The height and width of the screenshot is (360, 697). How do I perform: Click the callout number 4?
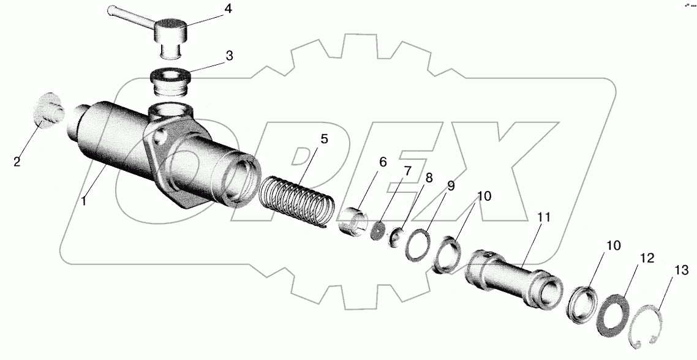(227, 9)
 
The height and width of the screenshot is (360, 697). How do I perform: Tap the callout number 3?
(229, 56)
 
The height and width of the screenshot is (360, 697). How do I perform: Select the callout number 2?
(17, 162)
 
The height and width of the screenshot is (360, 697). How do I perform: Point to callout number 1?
(83, 200)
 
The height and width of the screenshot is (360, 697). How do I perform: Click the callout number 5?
(324, 139)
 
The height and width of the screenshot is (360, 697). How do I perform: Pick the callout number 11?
(544, 217)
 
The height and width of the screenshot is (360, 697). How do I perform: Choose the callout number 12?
(647, 258)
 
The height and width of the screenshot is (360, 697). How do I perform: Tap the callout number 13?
(682, 270)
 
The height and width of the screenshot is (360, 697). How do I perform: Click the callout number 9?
(451, 186)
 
